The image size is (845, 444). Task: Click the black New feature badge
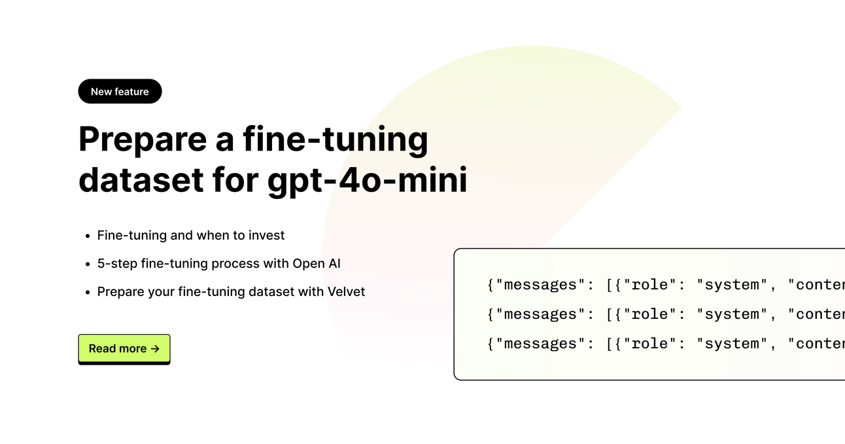click(x=120, y=92)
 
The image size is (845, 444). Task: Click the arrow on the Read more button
click(x=155, y=348)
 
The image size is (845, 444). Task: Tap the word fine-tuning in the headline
click(x=336, y=139)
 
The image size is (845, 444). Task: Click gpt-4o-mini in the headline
click(x=368, y=180)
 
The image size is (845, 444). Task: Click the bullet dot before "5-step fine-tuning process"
click(x=87, y=264)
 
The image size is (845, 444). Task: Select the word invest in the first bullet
click(x=264, y=235)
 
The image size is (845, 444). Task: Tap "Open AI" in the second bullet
click(x=317, y=263)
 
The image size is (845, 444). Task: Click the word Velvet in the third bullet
click(x=346, y=291)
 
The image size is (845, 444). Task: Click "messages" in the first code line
click(x=540, y=285)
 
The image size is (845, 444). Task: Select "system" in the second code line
click(x=732, y=314)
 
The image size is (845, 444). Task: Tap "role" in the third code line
click(x=649, y=344)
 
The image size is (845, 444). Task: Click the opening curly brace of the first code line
click(x=491, y=285)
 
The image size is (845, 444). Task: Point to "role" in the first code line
click(x=649, y=285)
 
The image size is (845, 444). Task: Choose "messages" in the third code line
click(x=540, y=344)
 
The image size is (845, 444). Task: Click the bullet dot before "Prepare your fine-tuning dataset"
click(x=87, y=292)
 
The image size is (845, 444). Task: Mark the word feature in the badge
click(x=132, y=92)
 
